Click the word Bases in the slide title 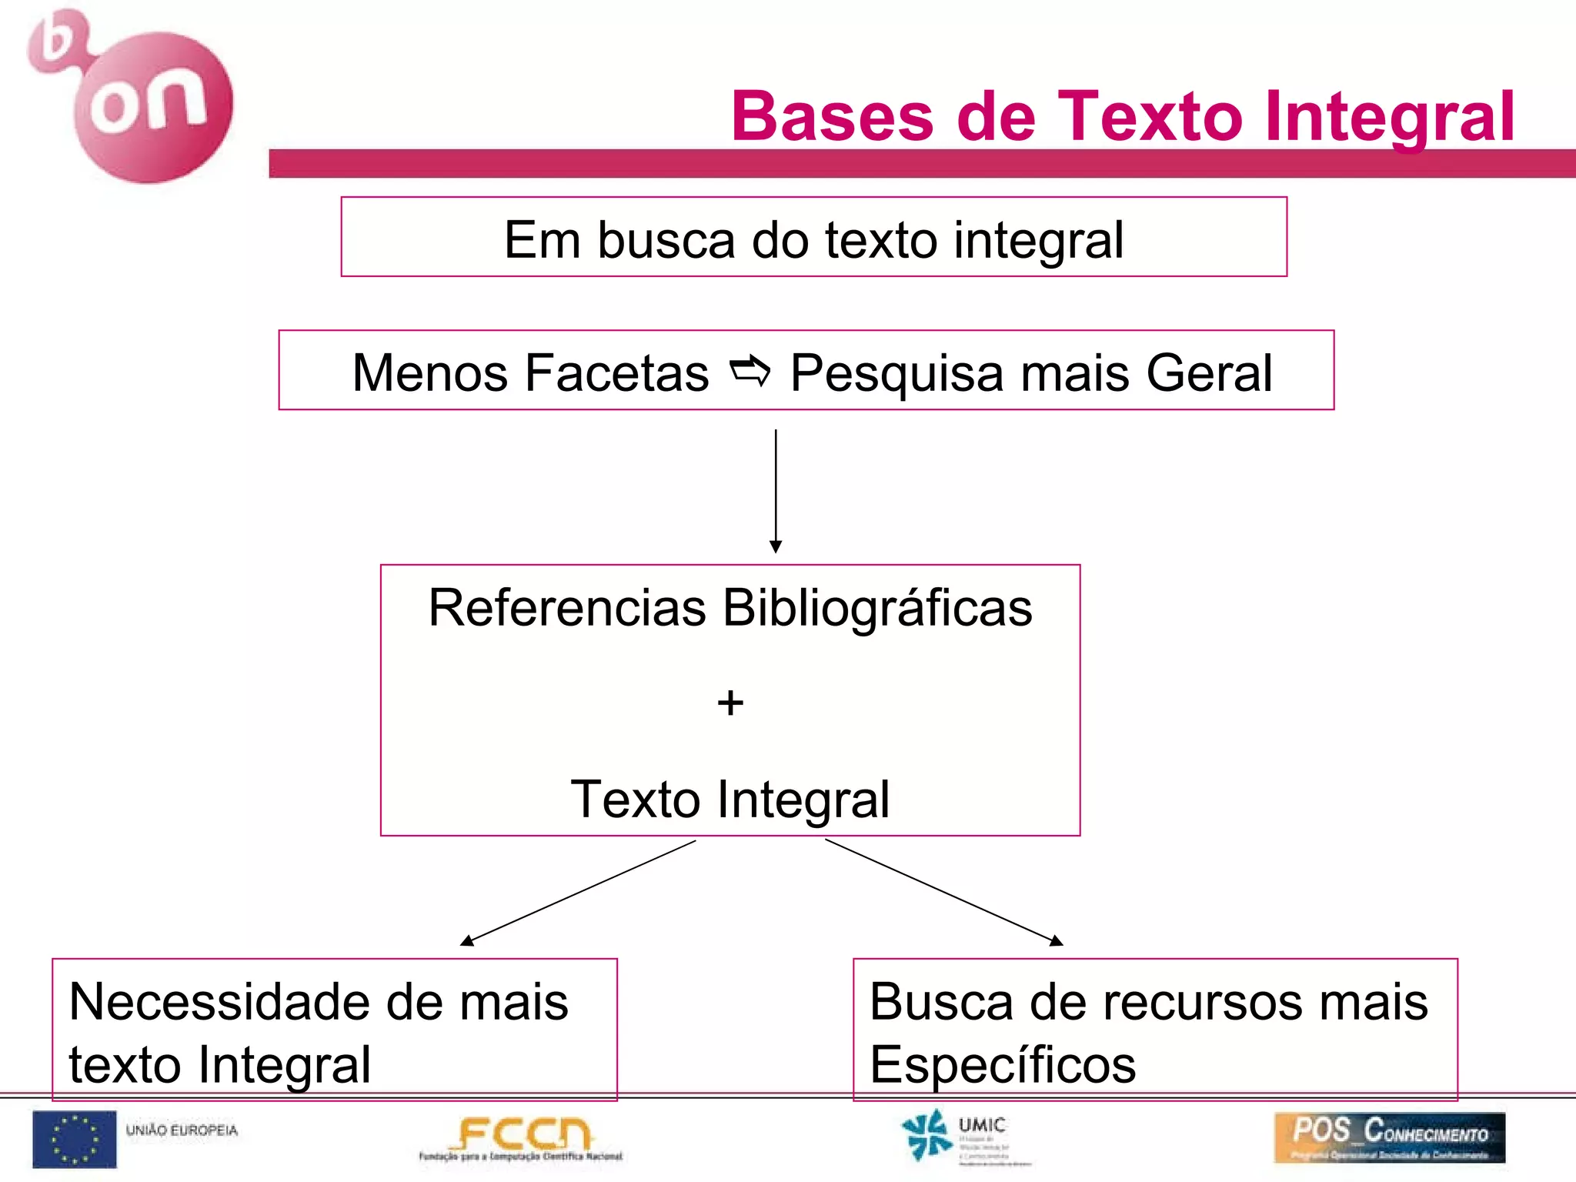pos(832,116)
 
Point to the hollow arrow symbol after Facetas pos(750,371)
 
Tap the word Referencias pos(567,607)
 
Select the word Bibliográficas pos(877,607)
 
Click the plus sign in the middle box pos(730,703)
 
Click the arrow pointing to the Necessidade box pos(578,893)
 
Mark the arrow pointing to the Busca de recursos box pos(943,893)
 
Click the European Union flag pos(75,1139)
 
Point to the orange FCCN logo pos(521,1138)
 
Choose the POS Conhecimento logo pos(1389,1137)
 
